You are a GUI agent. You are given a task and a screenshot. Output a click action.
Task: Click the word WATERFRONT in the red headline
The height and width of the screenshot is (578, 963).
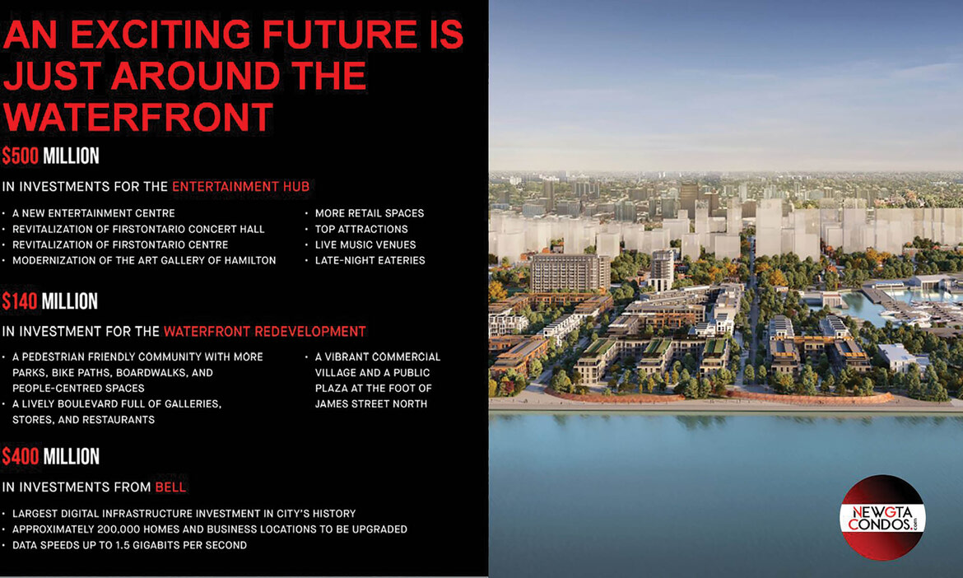138,117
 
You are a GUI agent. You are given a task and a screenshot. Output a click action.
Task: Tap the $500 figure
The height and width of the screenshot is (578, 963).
21,156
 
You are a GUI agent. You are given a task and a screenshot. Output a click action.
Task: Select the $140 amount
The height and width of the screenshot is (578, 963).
21,301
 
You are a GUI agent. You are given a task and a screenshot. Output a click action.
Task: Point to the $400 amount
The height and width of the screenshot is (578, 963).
21,456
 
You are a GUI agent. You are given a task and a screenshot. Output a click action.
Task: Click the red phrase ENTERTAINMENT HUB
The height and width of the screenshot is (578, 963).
240,187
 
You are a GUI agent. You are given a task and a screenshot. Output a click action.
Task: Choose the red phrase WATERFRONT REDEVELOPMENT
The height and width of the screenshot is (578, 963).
265,332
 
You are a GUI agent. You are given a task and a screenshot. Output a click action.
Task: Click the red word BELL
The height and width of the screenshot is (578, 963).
170,487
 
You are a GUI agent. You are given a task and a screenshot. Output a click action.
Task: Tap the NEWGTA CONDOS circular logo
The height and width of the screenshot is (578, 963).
882,517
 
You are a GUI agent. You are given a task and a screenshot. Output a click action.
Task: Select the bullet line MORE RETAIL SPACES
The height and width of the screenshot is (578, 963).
370,213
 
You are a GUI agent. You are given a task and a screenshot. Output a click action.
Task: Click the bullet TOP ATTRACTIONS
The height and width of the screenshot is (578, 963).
361,229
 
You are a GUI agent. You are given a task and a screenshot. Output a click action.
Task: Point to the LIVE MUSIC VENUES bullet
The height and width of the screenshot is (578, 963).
365,245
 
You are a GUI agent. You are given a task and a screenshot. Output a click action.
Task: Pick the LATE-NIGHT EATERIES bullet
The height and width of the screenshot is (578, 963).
370,260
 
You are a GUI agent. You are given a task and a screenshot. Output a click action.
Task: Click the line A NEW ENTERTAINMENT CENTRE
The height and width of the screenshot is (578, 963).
93,213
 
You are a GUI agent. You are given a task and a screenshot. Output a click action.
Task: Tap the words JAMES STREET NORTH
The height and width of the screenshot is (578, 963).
371,403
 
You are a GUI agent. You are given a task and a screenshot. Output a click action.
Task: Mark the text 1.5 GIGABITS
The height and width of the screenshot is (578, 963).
151,545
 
